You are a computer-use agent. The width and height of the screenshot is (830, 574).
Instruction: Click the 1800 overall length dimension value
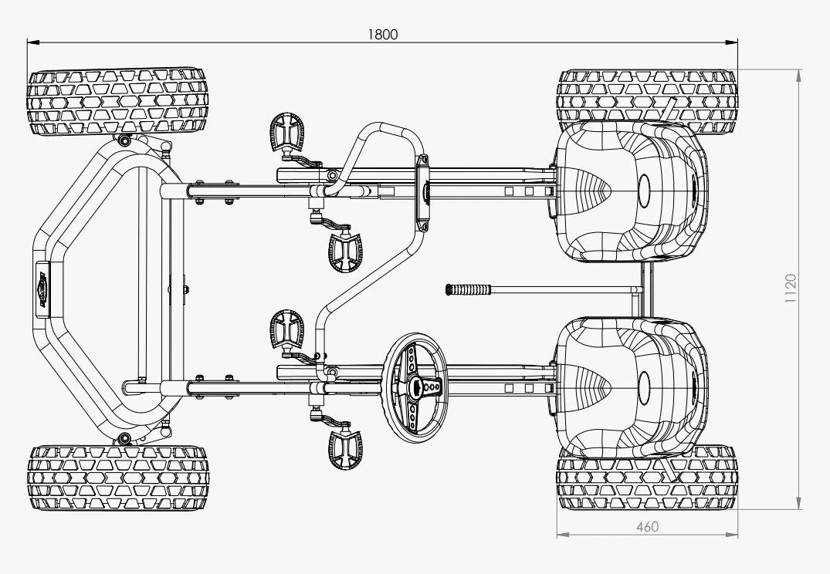click(383, 35)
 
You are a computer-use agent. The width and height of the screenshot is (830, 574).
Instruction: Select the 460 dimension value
click(647, 527)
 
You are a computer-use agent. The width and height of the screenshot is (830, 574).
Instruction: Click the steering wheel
click(417, 385)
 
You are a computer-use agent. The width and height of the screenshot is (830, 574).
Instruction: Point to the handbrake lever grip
click(469, 289)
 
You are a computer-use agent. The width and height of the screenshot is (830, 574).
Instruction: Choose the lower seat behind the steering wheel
click(629, 386)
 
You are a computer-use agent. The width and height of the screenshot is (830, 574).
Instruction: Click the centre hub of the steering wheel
click(417, 386)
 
